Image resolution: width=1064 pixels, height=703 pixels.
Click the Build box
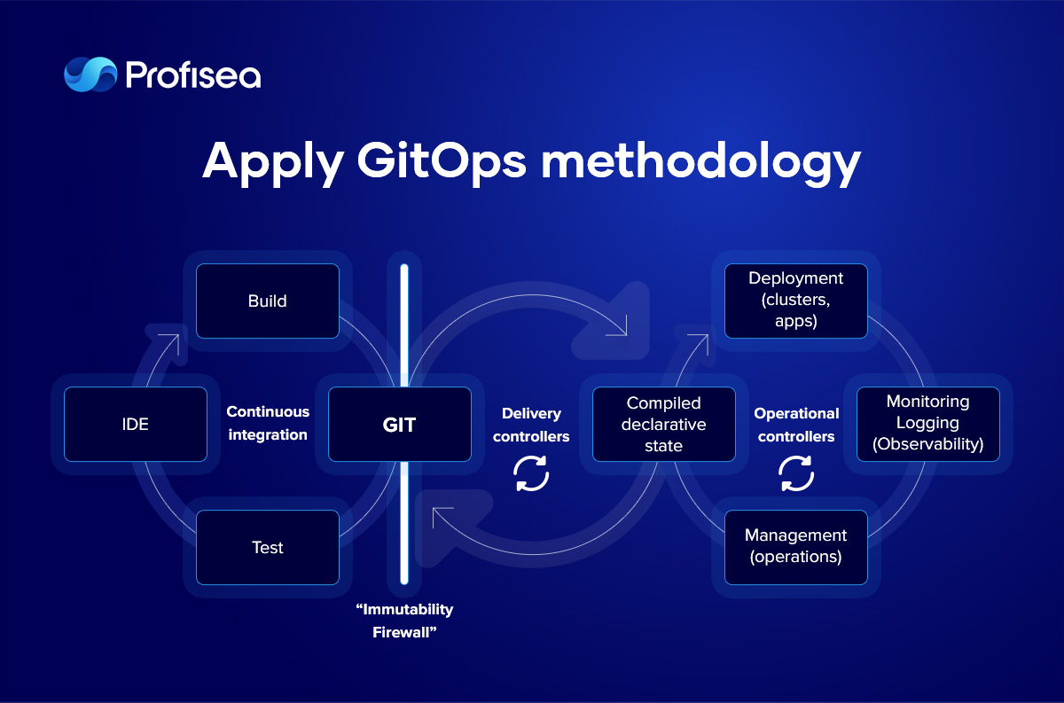(x=268, y=301)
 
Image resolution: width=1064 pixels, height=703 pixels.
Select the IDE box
(x=136, y=424)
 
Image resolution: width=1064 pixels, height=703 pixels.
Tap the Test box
(x=268, y=547)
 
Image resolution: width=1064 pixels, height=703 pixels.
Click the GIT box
(x=400, y=424)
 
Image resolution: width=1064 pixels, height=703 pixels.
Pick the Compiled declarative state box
(x=664, y=424)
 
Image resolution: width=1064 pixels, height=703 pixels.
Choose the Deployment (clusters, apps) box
(x=796, y=301)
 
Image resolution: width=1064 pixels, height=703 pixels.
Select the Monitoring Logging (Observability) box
(x=928, y=424)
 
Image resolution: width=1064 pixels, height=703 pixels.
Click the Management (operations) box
(x=796, y=547)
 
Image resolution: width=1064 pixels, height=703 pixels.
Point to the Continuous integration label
(x=268, y=423)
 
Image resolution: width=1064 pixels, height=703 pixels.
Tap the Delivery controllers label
(x=531, y=425)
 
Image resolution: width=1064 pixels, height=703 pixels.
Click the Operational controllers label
(x=796, y=425)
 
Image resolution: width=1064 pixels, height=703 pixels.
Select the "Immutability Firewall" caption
(x=404, y=621)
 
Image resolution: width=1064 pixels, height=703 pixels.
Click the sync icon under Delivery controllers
(x=531, y=473)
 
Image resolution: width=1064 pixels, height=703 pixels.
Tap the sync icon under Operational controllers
(x=796, y=473)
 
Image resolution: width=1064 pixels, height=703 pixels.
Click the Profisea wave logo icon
(x=90, y=74)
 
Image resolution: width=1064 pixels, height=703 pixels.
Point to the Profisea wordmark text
(x=193, y=74)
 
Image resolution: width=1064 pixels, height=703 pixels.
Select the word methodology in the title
(x=701, y=162)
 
